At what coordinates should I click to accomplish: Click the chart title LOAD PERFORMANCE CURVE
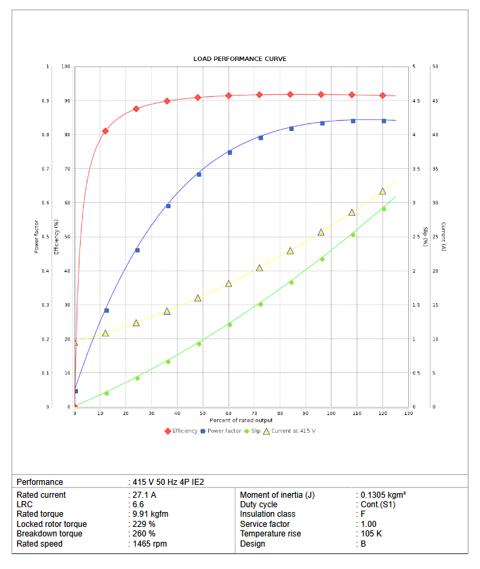[x=240, y=59]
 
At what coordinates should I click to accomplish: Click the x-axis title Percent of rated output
[x=241, y=420]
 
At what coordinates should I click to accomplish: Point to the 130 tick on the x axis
[x=408, y=413]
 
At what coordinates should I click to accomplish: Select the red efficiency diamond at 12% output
[x=105, y=131]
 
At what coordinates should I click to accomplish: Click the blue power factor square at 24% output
[x=137, y=250]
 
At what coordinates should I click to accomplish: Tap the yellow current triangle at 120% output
[x=382, y=191]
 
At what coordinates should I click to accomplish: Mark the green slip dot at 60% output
[x=229, y=325]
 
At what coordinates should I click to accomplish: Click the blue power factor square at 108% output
[x=353, y=121]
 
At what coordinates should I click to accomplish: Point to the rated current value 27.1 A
[x=144, y=495]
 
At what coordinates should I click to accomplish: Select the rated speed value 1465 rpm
[x=149, y=543]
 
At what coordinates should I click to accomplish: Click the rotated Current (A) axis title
[x=443, y=237]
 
